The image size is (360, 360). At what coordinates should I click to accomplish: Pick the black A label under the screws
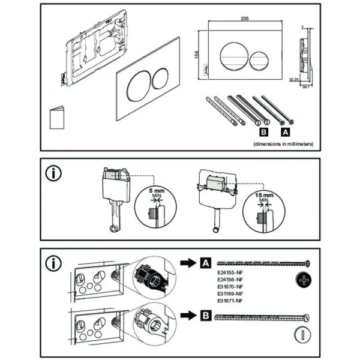285,130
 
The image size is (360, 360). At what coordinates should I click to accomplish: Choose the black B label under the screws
262,130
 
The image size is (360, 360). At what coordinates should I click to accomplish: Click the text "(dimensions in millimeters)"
282,144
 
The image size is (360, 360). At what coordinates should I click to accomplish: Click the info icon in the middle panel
54,174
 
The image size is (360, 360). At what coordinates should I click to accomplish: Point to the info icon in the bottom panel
54,262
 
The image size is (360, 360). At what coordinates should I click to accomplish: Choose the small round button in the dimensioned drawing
259,59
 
